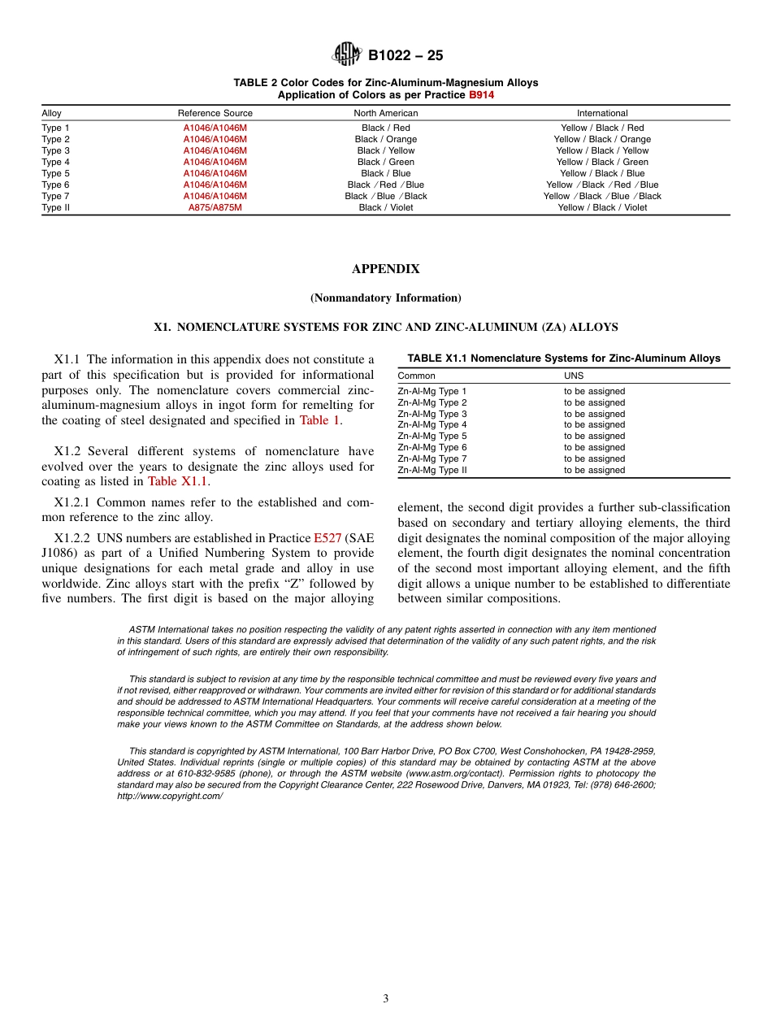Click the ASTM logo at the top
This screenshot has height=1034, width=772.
coord(347,54)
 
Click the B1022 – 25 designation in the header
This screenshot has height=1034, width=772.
coord(406,56)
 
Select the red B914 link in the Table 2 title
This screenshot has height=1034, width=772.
coord(481,94)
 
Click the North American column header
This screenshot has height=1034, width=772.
coord(385,113)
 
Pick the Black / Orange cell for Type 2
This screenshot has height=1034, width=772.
coord(385,139)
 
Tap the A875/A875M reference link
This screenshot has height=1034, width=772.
coord(215,207)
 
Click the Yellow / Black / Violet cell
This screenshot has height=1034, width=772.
coord(602,207)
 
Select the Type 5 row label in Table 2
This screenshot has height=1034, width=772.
coord(55,173)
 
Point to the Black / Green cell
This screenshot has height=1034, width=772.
coord(385,162)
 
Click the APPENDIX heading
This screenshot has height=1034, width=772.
coord(385,269)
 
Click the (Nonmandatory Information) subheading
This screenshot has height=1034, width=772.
coord(385,298)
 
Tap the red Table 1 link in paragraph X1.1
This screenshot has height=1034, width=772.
coord(319,420)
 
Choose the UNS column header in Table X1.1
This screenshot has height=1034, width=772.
coord(573,376)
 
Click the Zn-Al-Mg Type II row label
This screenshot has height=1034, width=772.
coord(432,470)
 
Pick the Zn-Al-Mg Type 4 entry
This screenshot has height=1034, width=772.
coord(432,424)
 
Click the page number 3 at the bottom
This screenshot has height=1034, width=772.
coord(386,998)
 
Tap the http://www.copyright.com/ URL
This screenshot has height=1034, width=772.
coord(170,796)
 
